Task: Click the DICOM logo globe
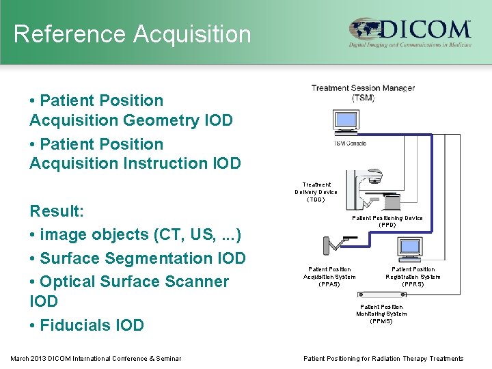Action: (x=367, y=30)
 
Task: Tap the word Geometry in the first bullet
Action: (x=161, y=120)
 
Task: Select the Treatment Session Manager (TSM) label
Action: (x=363, y=92)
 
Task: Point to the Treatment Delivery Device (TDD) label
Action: (x=316, y=192)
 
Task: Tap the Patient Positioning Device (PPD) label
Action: (x=387, y=221)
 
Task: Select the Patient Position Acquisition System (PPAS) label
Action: (x=329, y=277)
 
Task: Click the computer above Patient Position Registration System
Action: (x=411, y=249)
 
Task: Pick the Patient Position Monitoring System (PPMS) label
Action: (x=381, y=314)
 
